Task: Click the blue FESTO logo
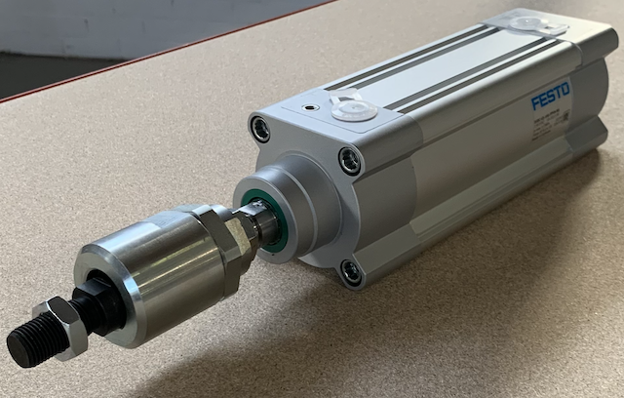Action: click(x=551, y=98)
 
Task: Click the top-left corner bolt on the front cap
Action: click(x=260, y=129)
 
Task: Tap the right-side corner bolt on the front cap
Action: click(x=349, y=160)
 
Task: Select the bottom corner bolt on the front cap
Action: click(x=351, y=272)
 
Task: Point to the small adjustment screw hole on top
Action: click(x=309, y=107)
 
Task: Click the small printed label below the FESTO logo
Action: click(x=546, y=128)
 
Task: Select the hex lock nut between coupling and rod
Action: click(x=233, y=239)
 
